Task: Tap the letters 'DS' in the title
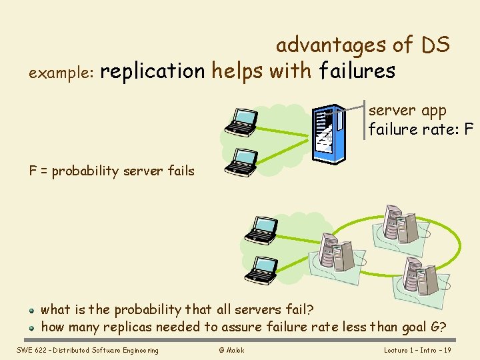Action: [435, 45]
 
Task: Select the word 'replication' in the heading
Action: [153, 71]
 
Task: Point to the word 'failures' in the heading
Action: [357, 71]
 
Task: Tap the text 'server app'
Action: [407, 111]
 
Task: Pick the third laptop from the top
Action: [260, 229]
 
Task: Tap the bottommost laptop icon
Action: [260, 269]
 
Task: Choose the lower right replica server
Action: [420, 273]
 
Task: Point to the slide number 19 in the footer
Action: [447, 350]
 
